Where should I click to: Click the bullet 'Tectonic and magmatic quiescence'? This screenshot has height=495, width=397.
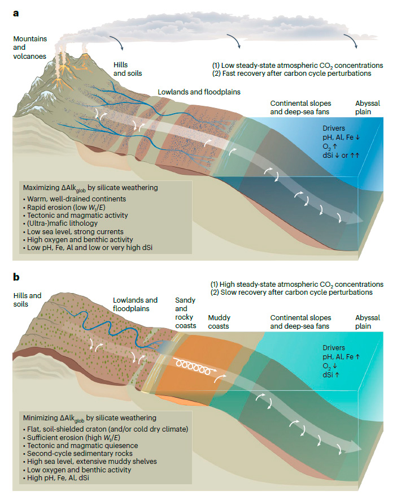(x=81, y=445)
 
